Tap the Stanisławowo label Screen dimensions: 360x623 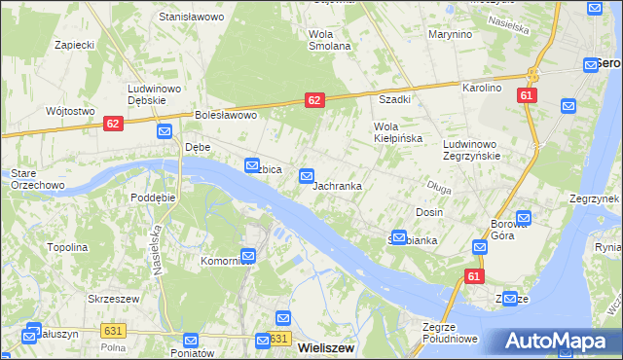tap(192, 18)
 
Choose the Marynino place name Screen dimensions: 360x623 tap(450, 34)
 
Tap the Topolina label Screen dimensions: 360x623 tap(67, 247)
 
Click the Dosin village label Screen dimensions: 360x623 tap(429, 212)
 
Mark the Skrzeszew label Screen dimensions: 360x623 tap(110, 299)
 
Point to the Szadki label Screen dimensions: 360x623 tap(394, 99)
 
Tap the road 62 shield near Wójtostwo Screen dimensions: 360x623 tap(113, 124)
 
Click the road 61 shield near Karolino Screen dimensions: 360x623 tap(527, 95)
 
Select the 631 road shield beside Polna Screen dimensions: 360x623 tap(113, 332)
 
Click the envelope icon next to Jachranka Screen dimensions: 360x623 tap(307, 176)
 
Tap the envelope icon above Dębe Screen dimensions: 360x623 tap(164, 131)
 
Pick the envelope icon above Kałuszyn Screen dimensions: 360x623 tap(34, 328)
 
